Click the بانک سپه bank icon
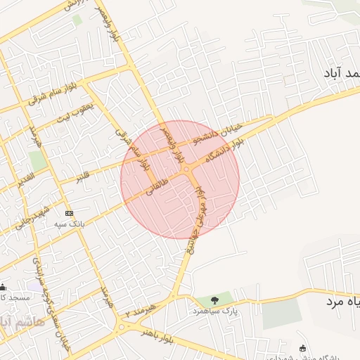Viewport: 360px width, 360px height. click(x=68, y=213)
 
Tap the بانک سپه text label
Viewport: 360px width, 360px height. click(x=70, y=224)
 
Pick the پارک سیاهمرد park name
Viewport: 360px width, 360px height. click(x=214, y=310)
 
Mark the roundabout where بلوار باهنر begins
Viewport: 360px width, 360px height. click(x=126, y=325)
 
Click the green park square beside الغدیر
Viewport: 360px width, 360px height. click(x=38, y=160)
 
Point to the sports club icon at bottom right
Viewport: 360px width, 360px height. click(x=303, y=347)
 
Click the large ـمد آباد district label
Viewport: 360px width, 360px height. click(x=341, y=73)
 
